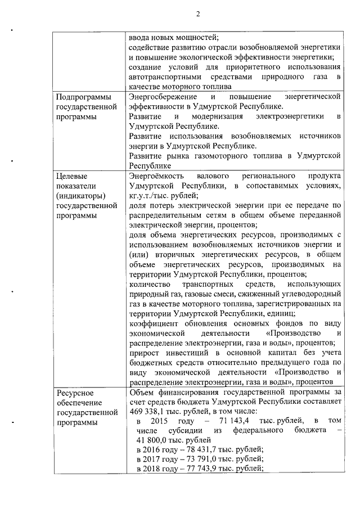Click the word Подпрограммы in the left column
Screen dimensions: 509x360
pyautogui.click(x=82, y=97)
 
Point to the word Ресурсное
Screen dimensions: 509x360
pyautogui.click(x=75, y=392)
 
